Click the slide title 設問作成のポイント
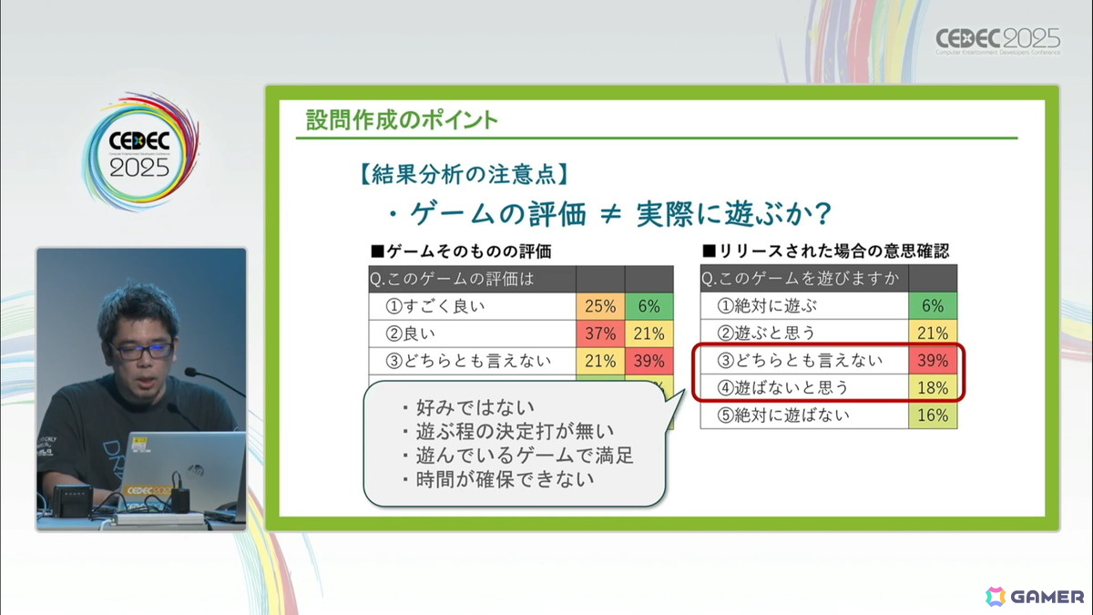pos(402,119)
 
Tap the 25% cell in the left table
pos(600,306)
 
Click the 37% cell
pos(600,333)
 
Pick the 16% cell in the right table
pos(933,415)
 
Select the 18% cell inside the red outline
pos(933,388)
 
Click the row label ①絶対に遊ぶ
pos(767,306)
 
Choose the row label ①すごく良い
pos(434,306)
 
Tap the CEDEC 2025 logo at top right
pos(998,40)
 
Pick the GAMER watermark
pos(1035,597)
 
